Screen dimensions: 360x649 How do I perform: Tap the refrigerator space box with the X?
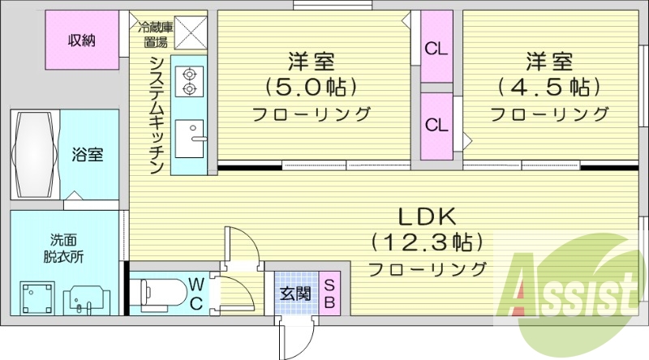click(x=192, y=33)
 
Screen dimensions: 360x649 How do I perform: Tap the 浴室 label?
click(x=87, y=154)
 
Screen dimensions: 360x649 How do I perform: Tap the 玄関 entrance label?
click(x=296, y=293)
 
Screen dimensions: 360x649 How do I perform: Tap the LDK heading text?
click(x=428, y=216)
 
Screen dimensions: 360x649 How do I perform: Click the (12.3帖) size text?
click(x=428, y=242)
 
